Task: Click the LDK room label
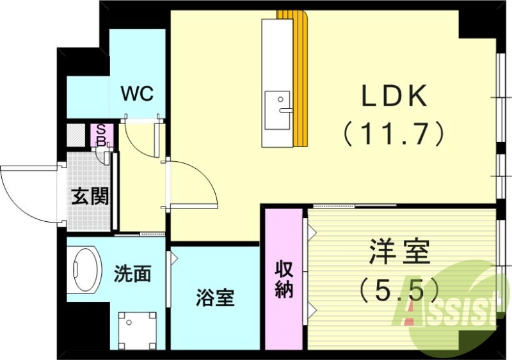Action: tap(394, 97)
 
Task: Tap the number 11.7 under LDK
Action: tap(394, 133)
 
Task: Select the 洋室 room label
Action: tap(398, 253)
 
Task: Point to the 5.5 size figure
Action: tap(398, 289)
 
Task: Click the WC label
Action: tap(138, 94)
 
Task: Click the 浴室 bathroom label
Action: tap(215, 297)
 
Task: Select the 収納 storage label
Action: tap(284, 279)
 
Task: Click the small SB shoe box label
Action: tap(101, 134)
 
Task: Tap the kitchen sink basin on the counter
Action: tap(277, 106)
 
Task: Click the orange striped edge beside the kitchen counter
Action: tap(300, 77)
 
